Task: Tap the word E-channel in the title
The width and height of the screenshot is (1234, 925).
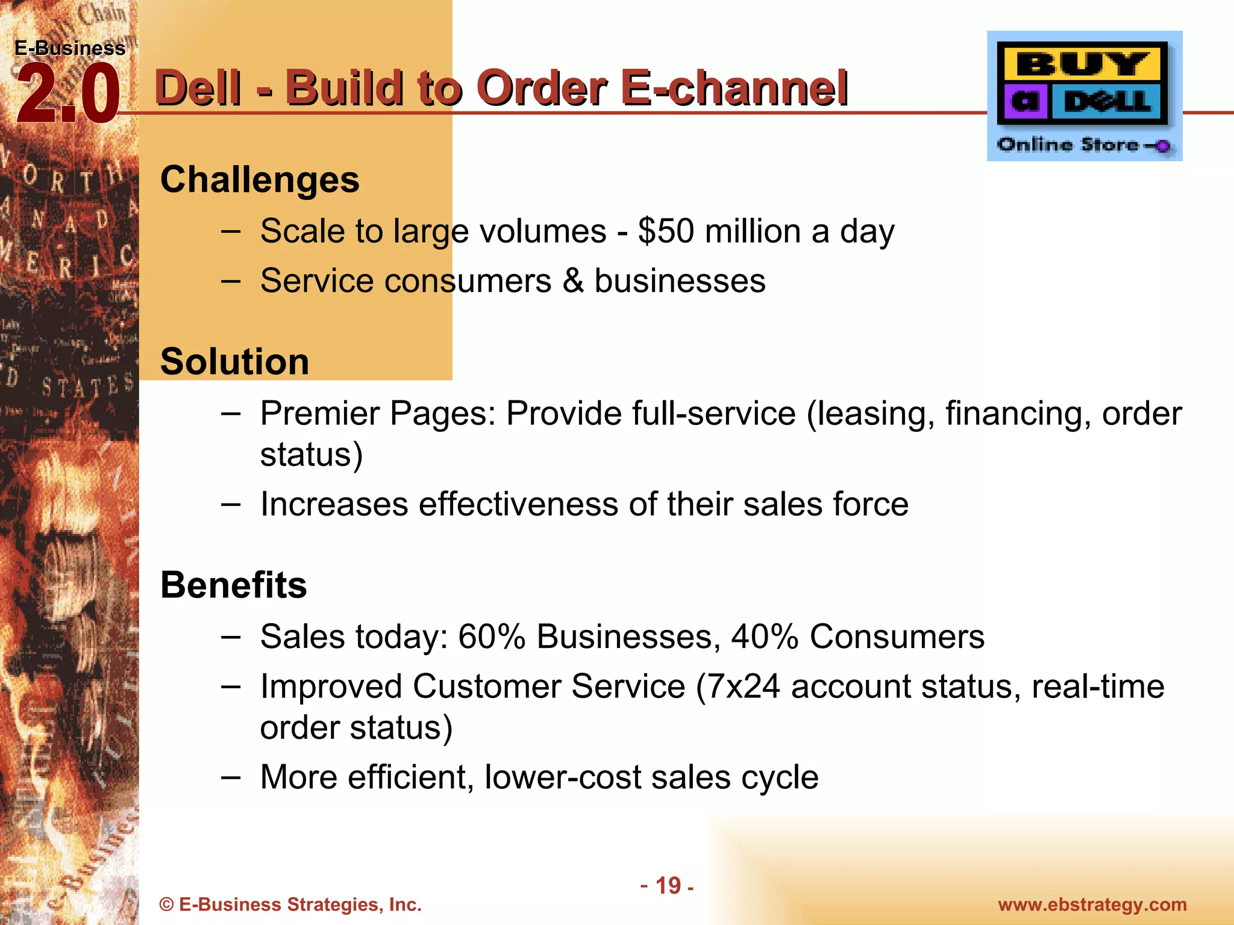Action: tap(734, 88)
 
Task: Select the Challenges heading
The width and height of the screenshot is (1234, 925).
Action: tap(260, 179)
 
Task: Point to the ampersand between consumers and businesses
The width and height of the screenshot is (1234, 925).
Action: tap(573, 281)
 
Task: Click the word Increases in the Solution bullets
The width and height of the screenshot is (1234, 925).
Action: tap(334, 504)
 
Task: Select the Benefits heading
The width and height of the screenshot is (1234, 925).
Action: tap(233, 585)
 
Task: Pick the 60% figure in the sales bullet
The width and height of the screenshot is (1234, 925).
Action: tap(492, 637)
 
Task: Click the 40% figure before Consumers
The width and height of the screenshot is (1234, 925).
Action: tap(765, 637)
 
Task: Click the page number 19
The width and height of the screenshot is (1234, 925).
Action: tap(668, 886)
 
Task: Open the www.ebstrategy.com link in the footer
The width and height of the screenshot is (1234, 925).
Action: tap(1092, 905)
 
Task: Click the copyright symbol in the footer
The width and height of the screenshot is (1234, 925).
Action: tap(166, 905)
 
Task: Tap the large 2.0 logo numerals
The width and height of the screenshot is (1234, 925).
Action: tap(67, 94)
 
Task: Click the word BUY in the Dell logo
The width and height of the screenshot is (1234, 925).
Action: tap(1082, 64)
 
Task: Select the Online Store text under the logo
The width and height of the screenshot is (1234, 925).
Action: tap(1068, 145)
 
